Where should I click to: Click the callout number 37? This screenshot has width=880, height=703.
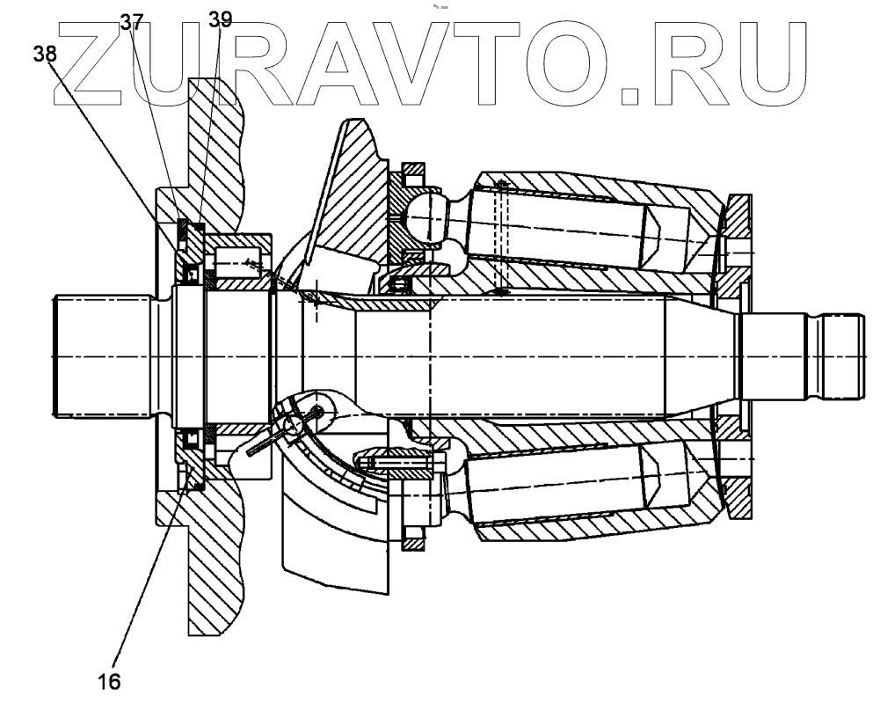[x=131, y=20]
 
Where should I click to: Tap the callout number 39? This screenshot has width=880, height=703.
[x=220, y=19]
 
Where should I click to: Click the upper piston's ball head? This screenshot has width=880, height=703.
[x=426, y=214]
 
